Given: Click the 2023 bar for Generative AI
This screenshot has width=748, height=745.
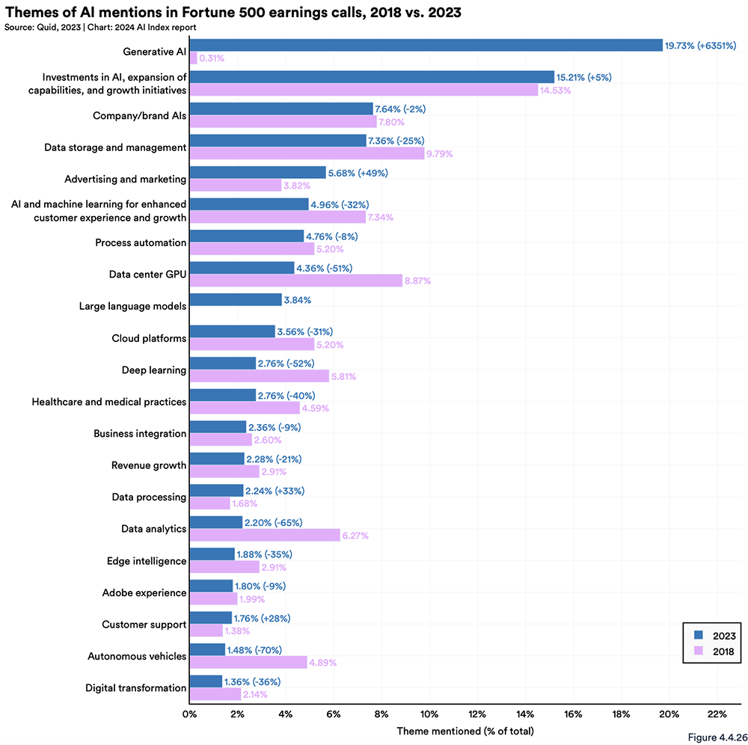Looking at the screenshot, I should point(426,45).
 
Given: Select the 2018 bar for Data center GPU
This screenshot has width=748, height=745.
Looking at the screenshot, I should point(295,280).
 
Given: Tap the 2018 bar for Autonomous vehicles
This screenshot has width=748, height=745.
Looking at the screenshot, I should point(248,662).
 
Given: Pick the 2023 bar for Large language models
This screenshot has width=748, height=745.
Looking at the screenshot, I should point(236,300).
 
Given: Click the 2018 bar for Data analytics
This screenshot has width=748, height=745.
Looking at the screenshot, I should point(264,535).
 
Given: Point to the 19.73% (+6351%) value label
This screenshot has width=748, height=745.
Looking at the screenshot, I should point(701,46).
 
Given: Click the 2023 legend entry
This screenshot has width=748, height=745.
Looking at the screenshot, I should point(715,636).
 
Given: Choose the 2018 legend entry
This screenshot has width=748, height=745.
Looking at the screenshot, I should point(715,652).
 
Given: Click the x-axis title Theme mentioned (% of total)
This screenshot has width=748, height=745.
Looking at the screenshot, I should point(465,730).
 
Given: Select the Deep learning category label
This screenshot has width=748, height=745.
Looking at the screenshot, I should point(153,370).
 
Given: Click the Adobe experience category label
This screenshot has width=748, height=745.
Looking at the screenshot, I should point(144,592).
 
